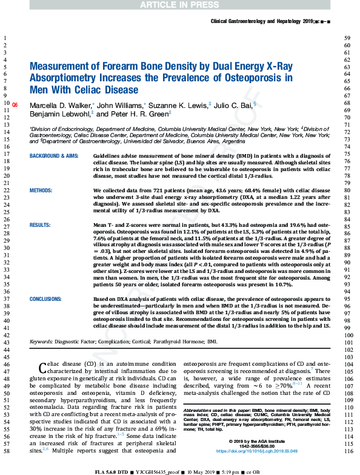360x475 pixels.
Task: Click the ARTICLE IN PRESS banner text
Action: [179, 5]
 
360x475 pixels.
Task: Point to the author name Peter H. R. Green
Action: [133, 113]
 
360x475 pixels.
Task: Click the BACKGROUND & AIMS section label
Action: [55, 156]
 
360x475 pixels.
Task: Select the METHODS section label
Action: [43, 190]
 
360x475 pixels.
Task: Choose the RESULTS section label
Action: [41, 224]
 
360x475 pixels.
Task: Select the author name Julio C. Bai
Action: [236, 104]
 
